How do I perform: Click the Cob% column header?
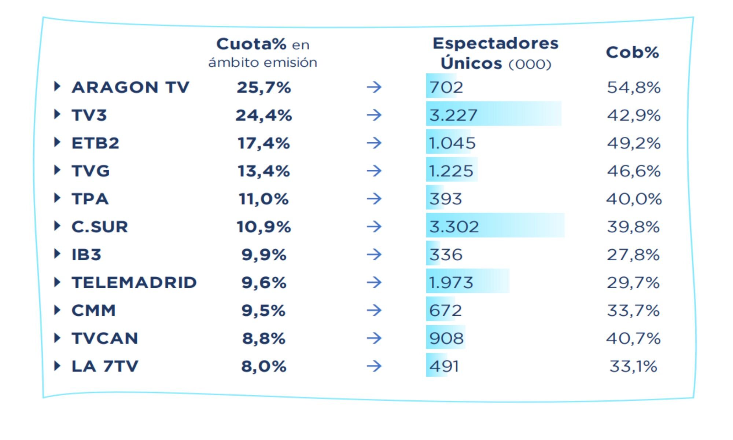(632, 52)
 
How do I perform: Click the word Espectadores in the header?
(495, 44)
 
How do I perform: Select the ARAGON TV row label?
(130, 87)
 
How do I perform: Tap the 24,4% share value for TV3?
(264, 115)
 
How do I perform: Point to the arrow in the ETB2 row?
(374, 143)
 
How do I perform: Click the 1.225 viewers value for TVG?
(451, 171)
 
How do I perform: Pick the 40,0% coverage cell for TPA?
(633, 199)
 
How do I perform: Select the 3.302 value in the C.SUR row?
(454, 227)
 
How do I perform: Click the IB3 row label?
(86, 254)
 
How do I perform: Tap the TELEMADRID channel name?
(134, 282)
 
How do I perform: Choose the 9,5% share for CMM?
(263, 310)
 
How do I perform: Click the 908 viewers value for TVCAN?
(446, 338)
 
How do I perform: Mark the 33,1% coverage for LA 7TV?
(633, 366)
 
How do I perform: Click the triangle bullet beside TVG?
(57, 170)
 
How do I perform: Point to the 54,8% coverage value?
(633, 87)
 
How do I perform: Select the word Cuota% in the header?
(251, 44)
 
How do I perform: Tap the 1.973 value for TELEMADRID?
(451, 282)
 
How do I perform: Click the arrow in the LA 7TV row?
(374, 366)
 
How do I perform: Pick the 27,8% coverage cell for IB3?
(633, 254)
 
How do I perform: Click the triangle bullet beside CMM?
(57, 310)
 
